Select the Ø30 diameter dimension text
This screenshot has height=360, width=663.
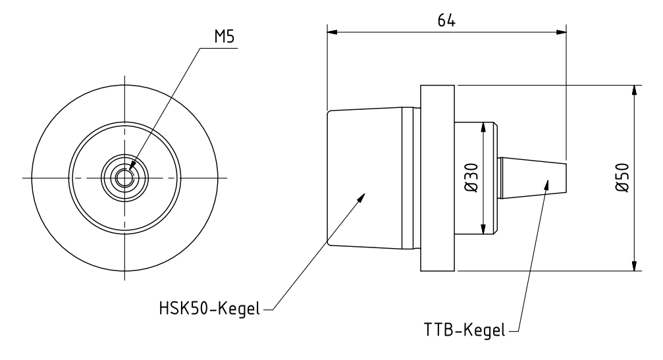pos(472,178)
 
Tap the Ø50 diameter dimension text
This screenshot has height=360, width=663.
pos(622,178)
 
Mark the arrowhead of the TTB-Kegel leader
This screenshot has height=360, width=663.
pos(546,182)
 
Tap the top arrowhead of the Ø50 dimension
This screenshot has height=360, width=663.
pos(633,90)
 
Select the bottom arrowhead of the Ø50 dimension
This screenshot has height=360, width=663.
pos(633,267)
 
